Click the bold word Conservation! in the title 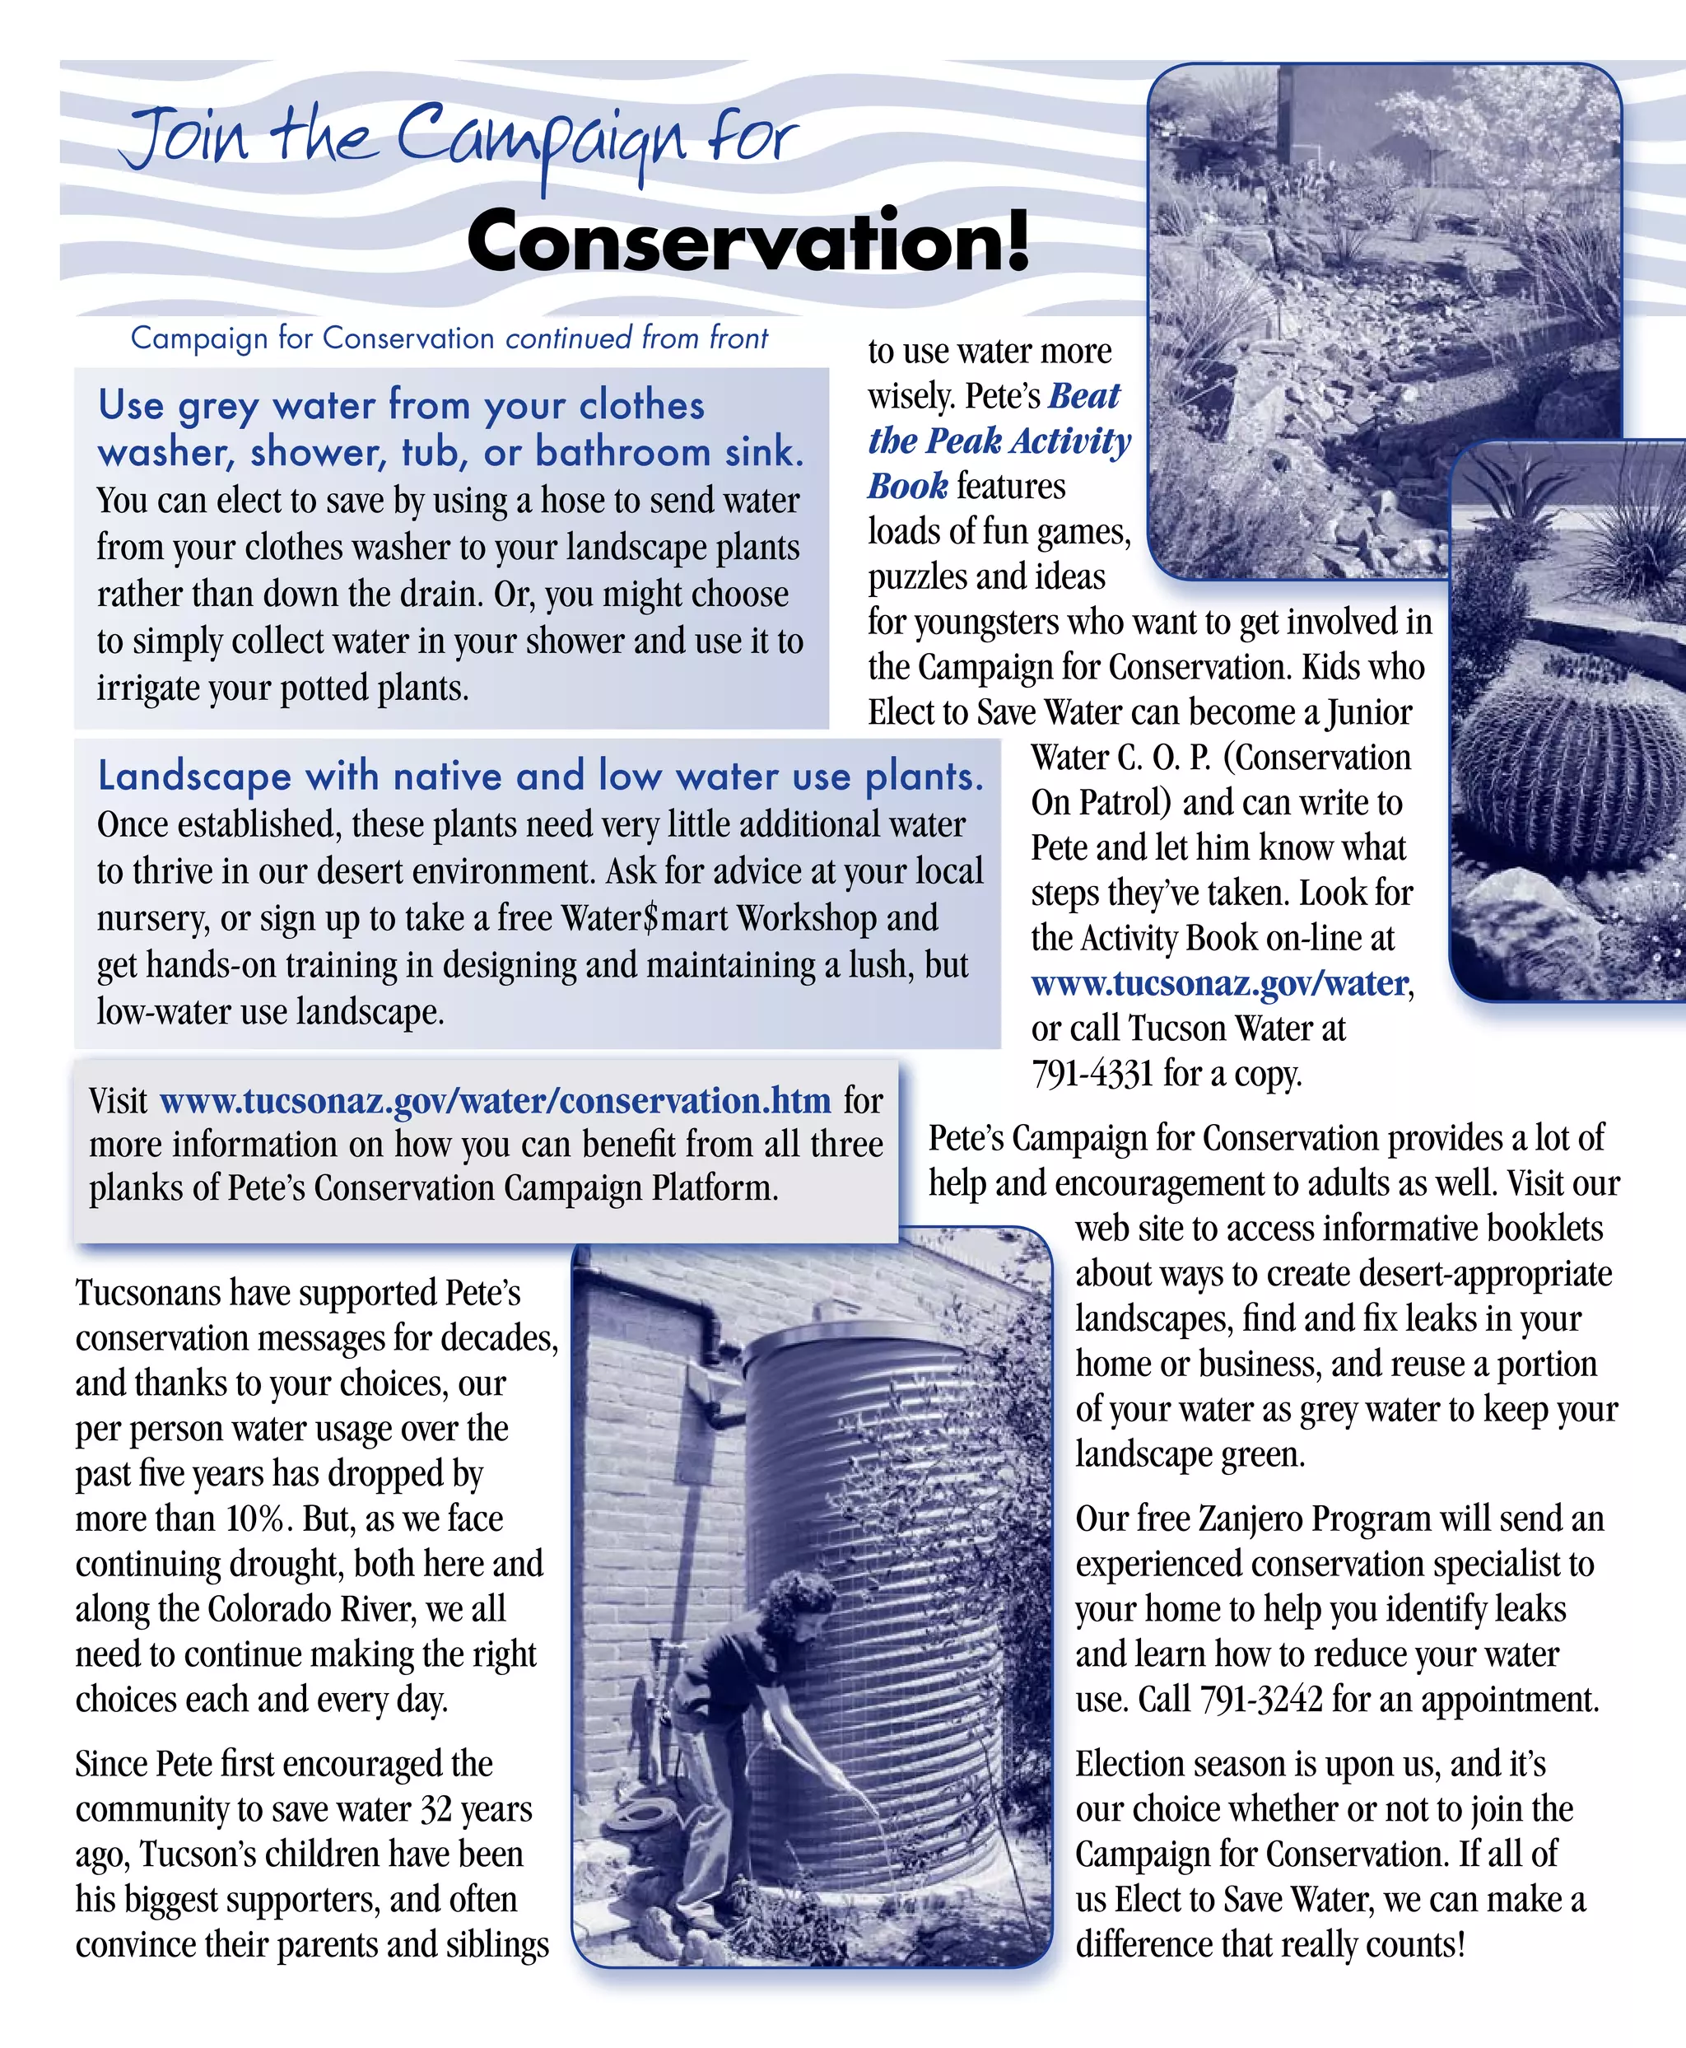click(747, 241)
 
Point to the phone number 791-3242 click(1260, 1699)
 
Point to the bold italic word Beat click(1084, 396)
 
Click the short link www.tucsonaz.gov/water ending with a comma click(1219, 983)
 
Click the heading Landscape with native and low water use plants click(540, 777)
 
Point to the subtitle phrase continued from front click(636, 338)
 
